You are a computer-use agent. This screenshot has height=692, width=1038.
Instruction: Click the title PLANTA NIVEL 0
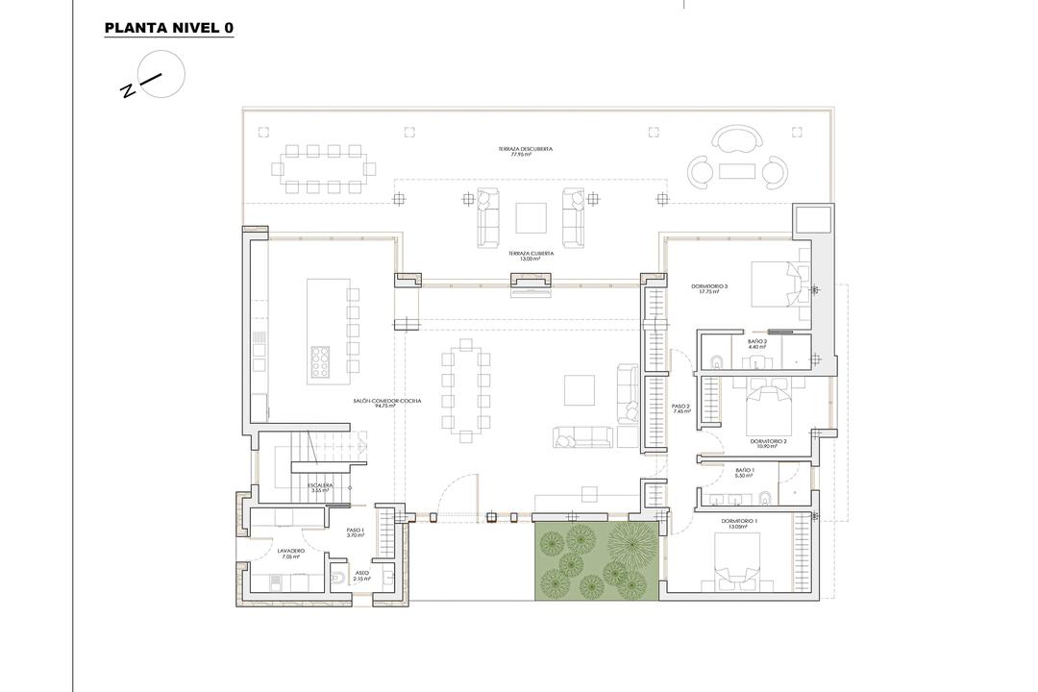click(x=168, y=28)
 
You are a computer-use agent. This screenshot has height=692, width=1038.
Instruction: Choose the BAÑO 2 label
click(x=757, y=343)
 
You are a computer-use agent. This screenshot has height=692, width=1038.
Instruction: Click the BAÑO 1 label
click(x=745, y=472)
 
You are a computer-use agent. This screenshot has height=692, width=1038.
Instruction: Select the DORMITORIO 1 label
click(x=741, y=524)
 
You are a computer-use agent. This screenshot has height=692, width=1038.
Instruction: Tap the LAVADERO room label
click(x=290, y=554)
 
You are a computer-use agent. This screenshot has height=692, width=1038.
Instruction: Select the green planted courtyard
click(x=596, y=563)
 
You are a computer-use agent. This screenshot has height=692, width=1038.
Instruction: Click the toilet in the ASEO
click(x=337, y=578)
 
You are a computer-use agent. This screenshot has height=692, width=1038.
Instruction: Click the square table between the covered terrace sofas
click(x=531, y=218)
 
